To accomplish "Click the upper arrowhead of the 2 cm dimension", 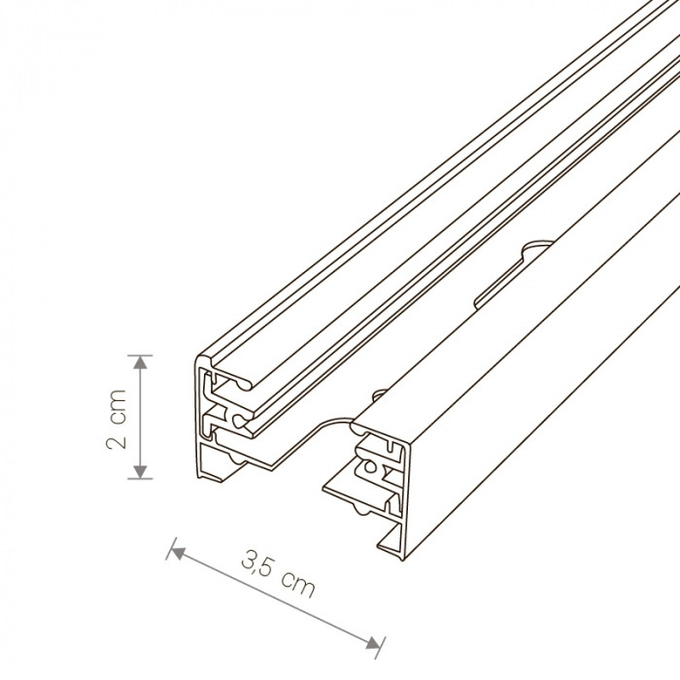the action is (x=140, y=361).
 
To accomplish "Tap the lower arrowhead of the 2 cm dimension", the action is (x=140, y=472).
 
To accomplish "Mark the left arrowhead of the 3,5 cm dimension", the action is (x=177, y=552).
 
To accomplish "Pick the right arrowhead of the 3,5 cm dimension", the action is (x=373, y=642).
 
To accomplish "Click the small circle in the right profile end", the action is (x=369, y=466).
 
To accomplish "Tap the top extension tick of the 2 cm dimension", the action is (x=140, y=356).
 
